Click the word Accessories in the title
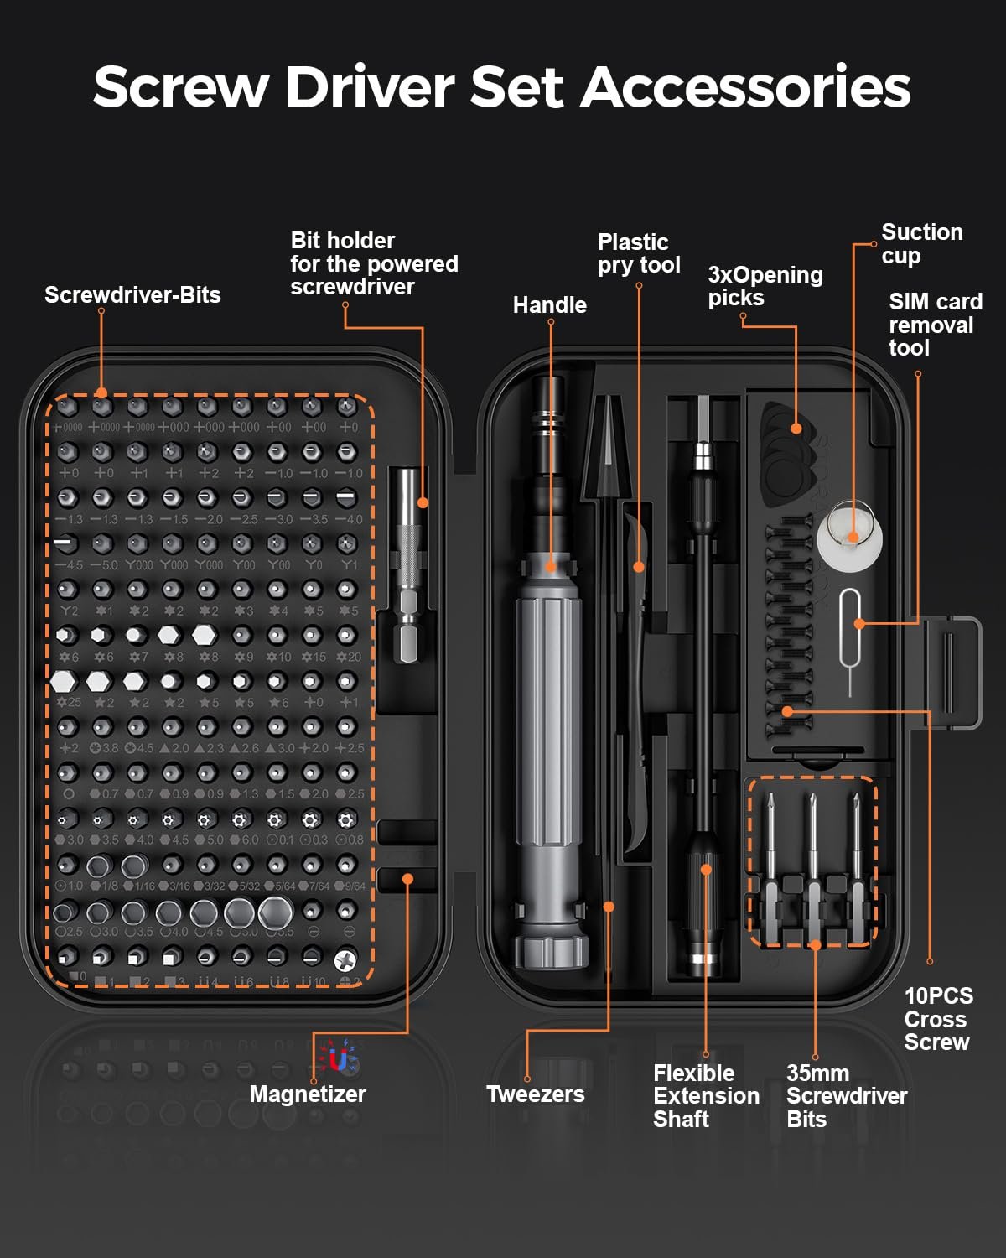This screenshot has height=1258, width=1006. point(745,87)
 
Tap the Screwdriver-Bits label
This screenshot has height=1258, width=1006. point(132,295)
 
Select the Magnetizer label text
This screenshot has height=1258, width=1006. point(308,1094)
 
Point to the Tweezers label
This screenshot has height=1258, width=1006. point(535,1094)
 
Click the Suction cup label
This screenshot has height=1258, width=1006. point(921,244)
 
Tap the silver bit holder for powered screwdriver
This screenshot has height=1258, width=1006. point(408,562)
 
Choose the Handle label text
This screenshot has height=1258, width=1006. point(549,305)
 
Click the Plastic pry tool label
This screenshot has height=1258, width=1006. point(638,254)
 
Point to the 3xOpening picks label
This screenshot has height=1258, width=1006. point(765,287)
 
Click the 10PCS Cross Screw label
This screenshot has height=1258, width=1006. point(937,1020)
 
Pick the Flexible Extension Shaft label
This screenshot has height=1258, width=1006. point(706,1096)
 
